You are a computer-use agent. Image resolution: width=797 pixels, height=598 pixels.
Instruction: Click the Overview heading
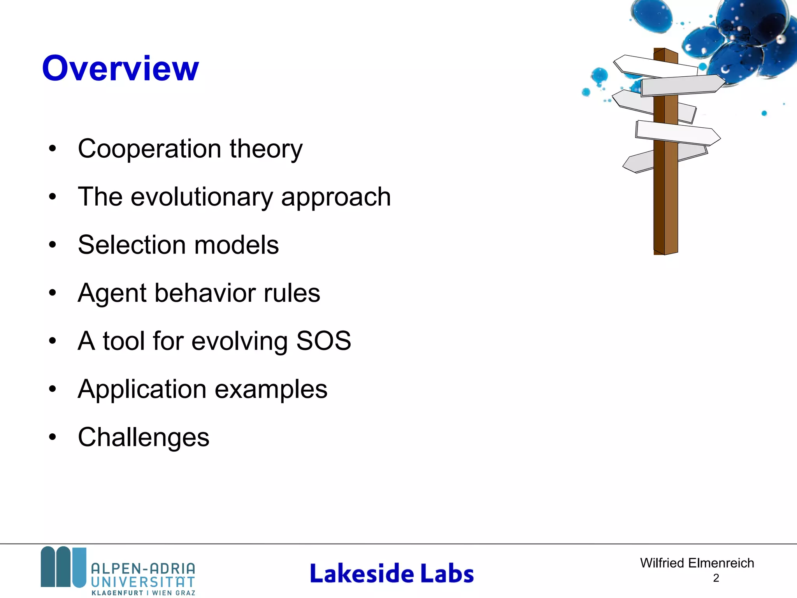pyautogui.click(x=120, y=69)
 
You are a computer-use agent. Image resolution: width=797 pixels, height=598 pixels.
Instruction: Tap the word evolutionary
pyautogui.click(x=202, y=197)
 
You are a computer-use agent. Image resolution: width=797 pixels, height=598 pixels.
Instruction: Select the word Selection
pyautogui.click(x=132, y=245)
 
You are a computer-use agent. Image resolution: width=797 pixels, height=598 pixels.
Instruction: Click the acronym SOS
pyautogui.click(x=323, y=341)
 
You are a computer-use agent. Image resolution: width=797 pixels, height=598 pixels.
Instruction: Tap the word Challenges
pyautogui.click(x=143, y=437)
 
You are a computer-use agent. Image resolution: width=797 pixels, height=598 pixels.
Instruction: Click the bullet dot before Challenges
pyautogui.click(x=53, y=437)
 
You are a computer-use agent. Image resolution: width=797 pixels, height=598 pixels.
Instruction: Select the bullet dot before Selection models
pyautogui.click(x=53, y=245)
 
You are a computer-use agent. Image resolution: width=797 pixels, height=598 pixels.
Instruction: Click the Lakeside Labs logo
pyautogui.click(x=391, y=573)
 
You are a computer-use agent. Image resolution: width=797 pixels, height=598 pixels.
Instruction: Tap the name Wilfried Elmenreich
pyautogui.click(x=697, y=563)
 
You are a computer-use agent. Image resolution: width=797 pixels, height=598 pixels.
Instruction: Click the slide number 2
pyautogui.click(x=716, y=578)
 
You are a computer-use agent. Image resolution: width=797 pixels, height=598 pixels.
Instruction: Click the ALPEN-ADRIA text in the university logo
pyautogui.click(x=143, y=569)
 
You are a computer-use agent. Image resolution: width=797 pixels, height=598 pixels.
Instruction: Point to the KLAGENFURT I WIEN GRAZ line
pyautogui.click(x=143, y=593)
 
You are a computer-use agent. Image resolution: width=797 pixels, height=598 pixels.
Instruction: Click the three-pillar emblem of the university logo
pyautogui.click(x=63, y=567)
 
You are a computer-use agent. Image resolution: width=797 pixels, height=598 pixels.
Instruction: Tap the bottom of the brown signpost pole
pyautogui.click(x=665, y=249)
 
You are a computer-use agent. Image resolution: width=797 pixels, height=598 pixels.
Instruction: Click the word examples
pyautogui.click(x=271, y=389)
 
